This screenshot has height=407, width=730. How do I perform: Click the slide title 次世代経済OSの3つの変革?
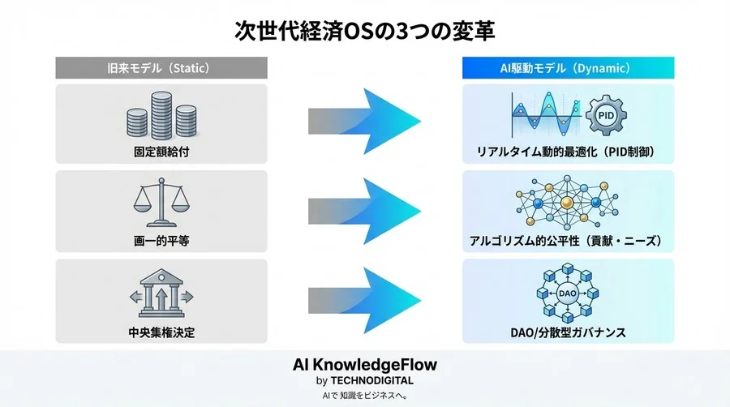coord(364,30)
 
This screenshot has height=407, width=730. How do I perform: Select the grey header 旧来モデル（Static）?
coord(161,68)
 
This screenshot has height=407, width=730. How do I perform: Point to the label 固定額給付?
coord(161,152)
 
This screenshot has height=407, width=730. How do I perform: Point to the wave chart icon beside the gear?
coord(543,115)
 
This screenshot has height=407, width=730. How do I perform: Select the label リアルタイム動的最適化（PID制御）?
coord(567,152)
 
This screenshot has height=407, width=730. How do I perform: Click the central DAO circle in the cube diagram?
coord(567,293)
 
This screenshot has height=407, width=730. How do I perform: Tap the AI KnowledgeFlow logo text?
coord(364,365)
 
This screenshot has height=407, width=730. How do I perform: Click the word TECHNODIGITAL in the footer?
coord(376,380)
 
